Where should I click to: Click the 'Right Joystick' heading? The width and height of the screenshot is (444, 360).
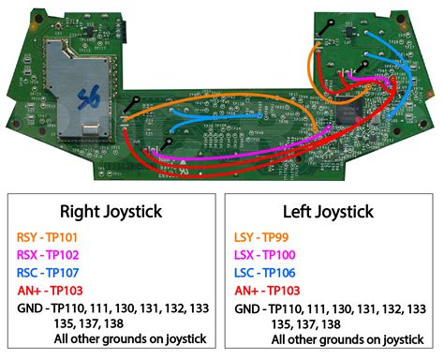coord(111,211)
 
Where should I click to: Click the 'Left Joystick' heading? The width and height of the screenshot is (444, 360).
coord(329,211)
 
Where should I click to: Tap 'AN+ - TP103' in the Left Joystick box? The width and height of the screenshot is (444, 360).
coord(273,290)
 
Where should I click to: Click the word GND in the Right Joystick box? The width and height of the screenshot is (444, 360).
coord(29,307)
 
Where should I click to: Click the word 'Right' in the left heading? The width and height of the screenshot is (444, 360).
coord(81,211)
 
